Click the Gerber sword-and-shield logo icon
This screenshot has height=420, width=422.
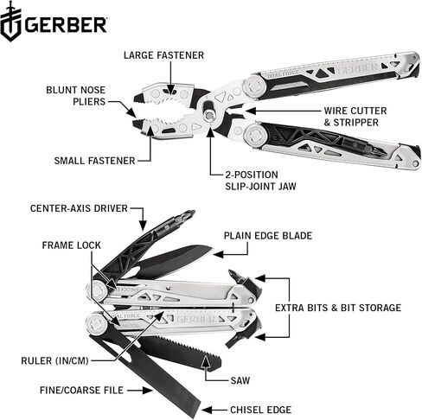pos(11,22)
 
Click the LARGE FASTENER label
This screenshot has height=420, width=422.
pos(163,55)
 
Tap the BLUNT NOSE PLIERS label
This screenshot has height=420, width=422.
pos(76,96)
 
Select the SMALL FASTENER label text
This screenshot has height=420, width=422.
pos(94,161)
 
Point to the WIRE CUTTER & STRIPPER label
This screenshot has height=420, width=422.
pos(355,117)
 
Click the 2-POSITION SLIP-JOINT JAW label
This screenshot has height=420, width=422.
pos(260,181)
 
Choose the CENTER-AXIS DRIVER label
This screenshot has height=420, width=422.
pos(79,208)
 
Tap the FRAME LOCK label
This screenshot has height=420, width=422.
pos(72,245)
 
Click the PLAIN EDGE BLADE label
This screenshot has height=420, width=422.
pos(268,236)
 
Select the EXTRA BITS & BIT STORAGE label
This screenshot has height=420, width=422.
pos(338,308)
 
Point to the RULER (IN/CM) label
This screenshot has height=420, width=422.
pos(54,360)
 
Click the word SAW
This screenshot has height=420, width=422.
pos(240,380)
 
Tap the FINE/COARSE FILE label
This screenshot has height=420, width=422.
pos(81,391)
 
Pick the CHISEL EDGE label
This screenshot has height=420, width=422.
pos(260,410)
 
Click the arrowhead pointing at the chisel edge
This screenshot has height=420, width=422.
pos(207,410)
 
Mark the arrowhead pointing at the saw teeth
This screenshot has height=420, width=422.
pos(205,361)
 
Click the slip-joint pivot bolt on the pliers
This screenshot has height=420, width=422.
pos(209,114)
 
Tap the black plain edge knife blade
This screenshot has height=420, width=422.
pos(173,261)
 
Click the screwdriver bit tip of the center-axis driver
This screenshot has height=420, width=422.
pos(189,214)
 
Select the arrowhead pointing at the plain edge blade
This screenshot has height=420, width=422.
pos(219,254)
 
